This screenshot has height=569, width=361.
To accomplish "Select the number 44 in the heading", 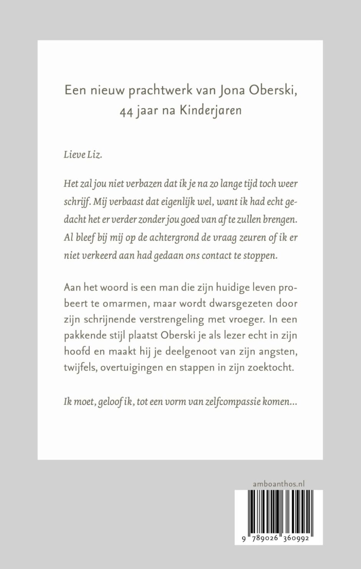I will click(x=126, y=111).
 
